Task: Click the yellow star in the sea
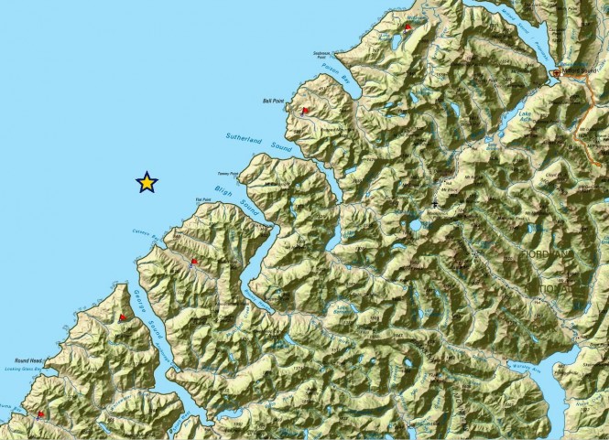click(x=147, y=182)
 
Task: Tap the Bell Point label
click(x=274, y=102)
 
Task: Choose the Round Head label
click(x=28, y=360)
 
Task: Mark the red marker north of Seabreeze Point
click(x=408, y=27)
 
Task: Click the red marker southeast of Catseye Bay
click(x=193, y=262)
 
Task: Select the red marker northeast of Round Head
click(x=122, y=317)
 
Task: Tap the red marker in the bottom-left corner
click(x=40, y=413)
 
